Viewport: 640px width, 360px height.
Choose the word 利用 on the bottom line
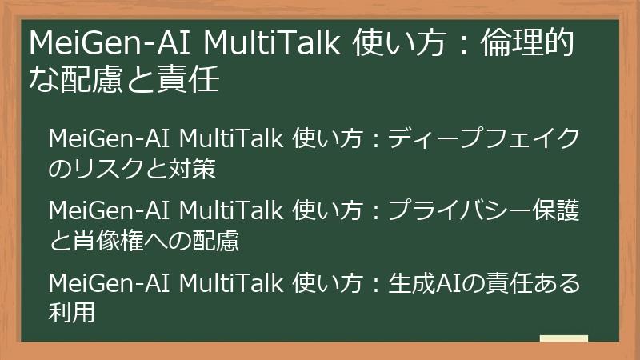(x=72, y=313)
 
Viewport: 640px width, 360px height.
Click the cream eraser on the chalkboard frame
(x=563, y=339)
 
